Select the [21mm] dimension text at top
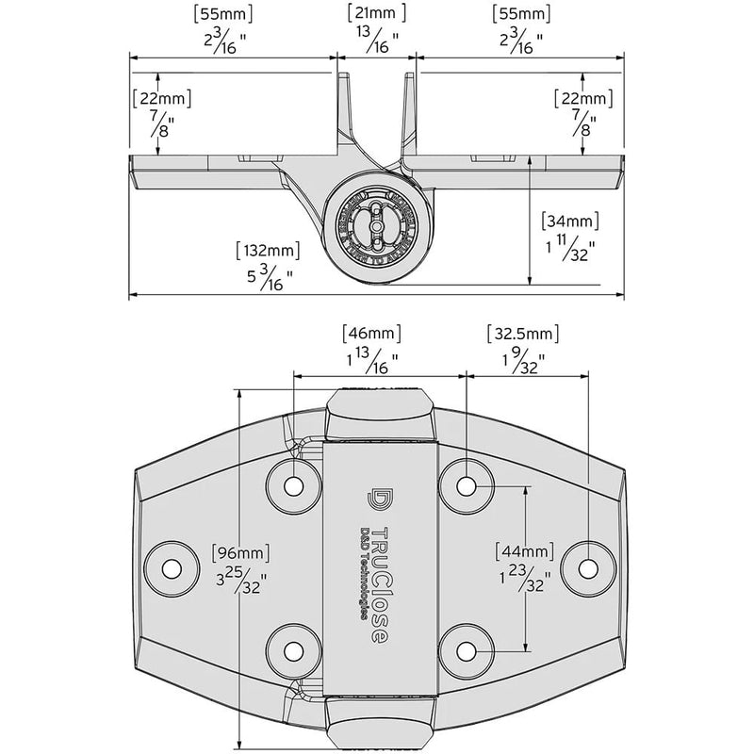pos(376,13)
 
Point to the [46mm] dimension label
pos(370,334)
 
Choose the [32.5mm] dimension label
pos(523,334)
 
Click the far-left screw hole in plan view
pos(172,569)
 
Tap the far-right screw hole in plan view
pos(587,569)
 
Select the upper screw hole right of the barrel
pos(467,485)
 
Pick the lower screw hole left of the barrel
pos(294,651)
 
